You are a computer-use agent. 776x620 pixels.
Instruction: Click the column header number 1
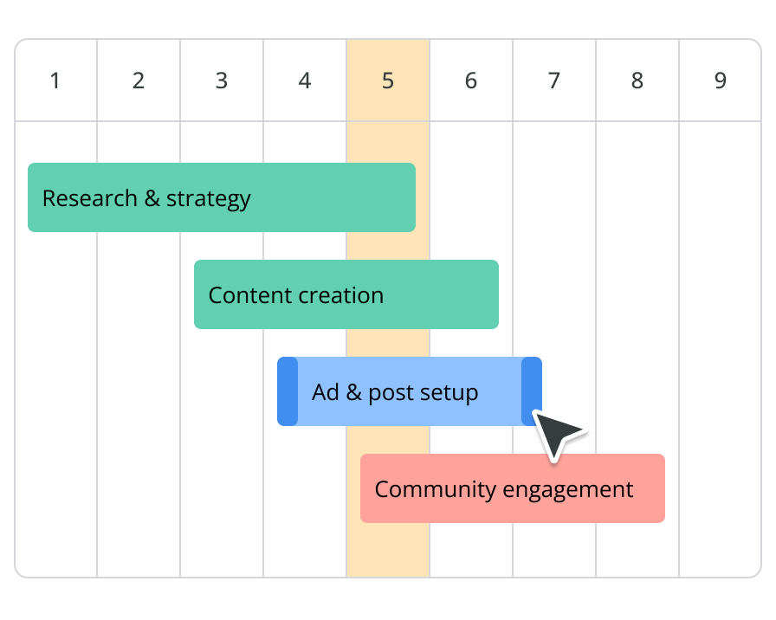click(55, 81)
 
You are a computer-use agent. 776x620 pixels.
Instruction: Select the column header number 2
click(139, 81)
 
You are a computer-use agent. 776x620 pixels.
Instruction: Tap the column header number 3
click(222, 81)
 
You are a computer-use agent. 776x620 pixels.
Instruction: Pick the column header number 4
click(305, 81)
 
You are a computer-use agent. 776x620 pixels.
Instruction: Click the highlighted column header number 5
click(388, 81)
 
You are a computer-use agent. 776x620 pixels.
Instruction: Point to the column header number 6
click(471, 81)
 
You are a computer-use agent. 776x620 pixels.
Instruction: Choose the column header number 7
click(554, 81)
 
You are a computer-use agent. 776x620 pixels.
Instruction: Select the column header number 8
click(637, 81)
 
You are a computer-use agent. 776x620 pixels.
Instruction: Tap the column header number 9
click(721, 81)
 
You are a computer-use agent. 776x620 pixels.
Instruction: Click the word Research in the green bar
click(90, 198)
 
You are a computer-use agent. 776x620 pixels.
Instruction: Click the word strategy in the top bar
click(209, 199)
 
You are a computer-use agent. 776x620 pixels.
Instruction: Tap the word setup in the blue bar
click(449, 393)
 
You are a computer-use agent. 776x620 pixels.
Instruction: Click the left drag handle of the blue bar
click(288, 391)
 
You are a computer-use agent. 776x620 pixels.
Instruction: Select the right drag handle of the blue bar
click(532, 391)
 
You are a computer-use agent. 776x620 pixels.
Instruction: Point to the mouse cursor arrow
click(557, 433)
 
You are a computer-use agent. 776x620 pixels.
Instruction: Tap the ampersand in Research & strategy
click(152, 198)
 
